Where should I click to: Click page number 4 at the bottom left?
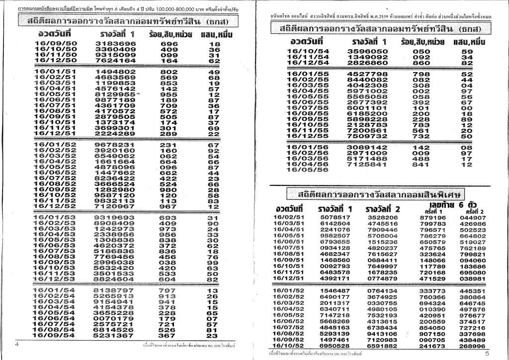(17, 344)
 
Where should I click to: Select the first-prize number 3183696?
(115, 44)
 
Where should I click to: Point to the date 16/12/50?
(56, 60)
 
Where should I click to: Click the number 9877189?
(115, 100)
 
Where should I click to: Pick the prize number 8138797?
(114, 290)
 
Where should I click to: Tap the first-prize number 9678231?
(114, 145)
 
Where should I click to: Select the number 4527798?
(367, 74)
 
